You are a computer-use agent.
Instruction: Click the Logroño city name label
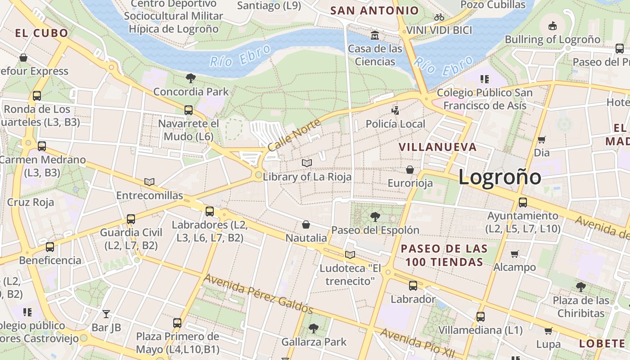(499, 177)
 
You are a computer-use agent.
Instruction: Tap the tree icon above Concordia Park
(190, 78)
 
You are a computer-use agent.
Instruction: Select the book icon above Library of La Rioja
(307, 163)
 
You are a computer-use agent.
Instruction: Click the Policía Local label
(395, 124)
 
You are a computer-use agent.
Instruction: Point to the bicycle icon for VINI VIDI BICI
(439, 18)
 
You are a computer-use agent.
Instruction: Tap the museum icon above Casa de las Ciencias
(374, 35)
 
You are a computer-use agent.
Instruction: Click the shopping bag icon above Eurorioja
(410, 170)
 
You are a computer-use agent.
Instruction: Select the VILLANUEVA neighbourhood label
(437, 147)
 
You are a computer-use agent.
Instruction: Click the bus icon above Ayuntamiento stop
(522, 202)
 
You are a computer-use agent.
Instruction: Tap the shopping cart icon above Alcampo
(515, 254)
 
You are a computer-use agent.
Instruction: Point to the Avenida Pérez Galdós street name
(258, 293)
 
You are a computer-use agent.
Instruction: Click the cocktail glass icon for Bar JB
(106, 314)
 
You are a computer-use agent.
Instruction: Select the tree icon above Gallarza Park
(314, 328)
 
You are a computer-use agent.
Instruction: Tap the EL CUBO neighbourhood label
(41, 33)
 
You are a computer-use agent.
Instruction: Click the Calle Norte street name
(294, 135)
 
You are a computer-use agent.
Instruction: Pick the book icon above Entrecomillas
(149, 182)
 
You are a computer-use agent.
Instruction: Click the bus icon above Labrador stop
(413, 285)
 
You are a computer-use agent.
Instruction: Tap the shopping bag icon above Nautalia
(306, 224)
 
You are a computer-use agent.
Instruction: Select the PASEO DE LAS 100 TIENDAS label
(444, 255)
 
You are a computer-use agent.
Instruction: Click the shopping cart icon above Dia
(542, 139)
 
